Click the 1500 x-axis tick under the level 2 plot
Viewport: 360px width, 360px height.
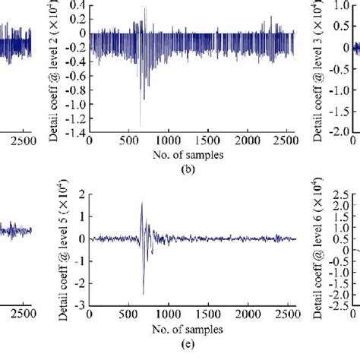pos(213,142)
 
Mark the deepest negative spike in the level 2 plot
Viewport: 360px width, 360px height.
pos(141,125)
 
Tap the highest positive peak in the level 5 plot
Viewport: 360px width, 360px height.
pos(141,203)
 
